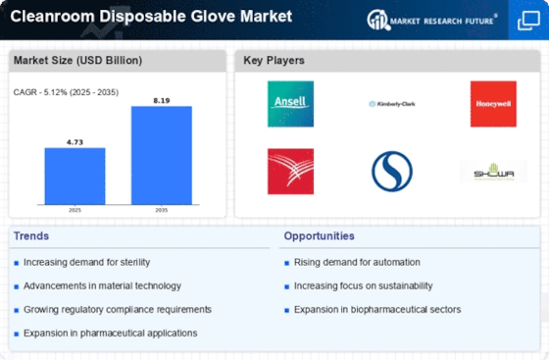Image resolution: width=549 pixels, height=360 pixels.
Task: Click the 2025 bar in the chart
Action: (x=75, y=176)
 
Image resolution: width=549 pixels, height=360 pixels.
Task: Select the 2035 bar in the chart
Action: (x=162, y=155)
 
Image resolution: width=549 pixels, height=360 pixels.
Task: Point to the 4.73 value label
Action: (x=75, y=141)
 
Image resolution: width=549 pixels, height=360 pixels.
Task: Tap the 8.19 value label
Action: (x=162, y=99)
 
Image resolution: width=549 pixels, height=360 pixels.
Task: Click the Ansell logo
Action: (x=290, y=103)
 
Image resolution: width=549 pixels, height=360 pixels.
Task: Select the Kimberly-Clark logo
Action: (x=391, y=103)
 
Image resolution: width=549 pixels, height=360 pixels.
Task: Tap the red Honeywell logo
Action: (x=493, y=103)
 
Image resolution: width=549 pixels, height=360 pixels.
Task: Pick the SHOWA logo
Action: (x=493, y=172)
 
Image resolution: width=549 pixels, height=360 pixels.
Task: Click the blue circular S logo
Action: (x=391, y=172)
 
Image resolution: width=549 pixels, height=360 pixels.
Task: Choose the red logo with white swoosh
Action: (x=290, y=172)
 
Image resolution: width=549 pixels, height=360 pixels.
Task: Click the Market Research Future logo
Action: (x=430, y=20)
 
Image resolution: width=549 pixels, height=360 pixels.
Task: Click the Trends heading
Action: (x=31, y=236)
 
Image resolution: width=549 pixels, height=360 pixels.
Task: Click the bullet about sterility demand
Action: (x=88, y=262)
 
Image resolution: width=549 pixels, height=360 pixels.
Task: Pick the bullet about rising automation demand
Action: (x=357, y=262)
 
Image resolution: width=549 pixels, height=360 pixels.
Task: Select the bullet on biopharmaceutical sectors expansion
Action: (x=377, y=309)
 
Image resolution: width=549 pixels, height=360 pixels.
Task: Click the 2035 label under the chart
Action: (x=162, y=209)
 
